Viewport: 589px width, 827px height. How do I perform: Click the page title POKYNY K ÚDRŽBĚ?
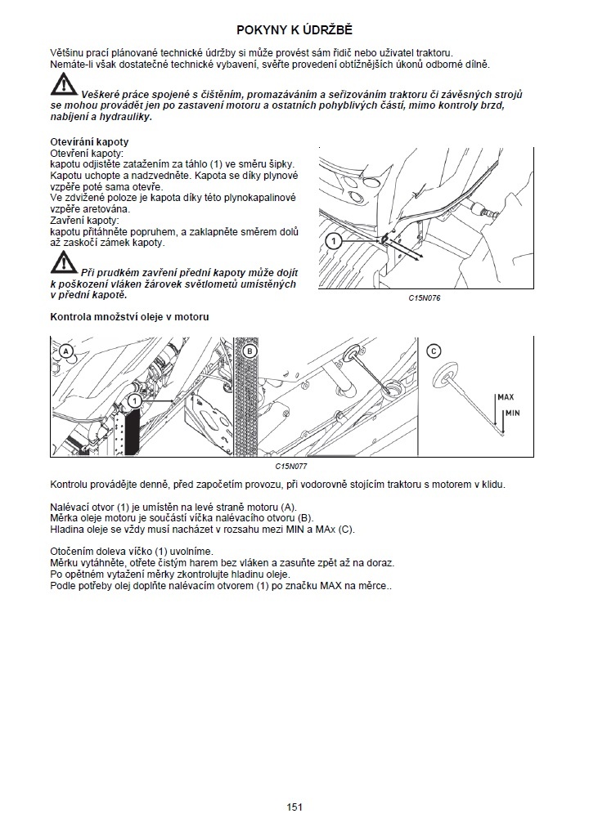[x=294, y=30]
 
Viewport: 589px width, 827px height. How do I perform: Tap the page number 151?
[x=294, y=807]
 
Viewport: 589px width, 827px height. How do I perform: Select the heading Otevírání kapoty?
[x=89, y=142]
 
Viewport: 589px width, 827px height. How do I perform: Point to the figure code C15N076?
[x=425, y=298]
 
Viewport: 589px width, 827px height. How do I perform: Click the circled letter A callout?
[x=66, y=351]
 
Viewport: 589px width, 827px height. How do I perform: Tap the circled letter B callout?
[x=250, y=351]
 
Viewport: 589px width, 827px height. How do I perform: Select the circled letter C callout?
[x=434, y=351]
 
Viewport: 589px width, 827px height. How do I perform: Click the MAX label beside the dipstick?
[x=505, y=397]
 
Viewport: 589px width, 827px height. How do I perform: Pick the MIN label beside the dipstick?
[x=513, y=413]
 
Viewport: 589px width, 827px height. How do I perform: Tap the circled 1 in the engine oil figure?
[x=135, y=402]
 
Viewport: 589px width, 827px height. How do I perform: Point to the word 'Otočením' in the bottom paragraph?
[x=74, y=552]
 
